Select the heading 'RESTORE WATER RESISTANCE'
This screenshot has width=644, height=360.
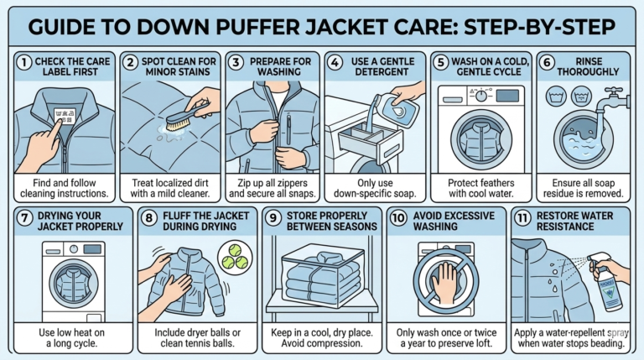point(579,222)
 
